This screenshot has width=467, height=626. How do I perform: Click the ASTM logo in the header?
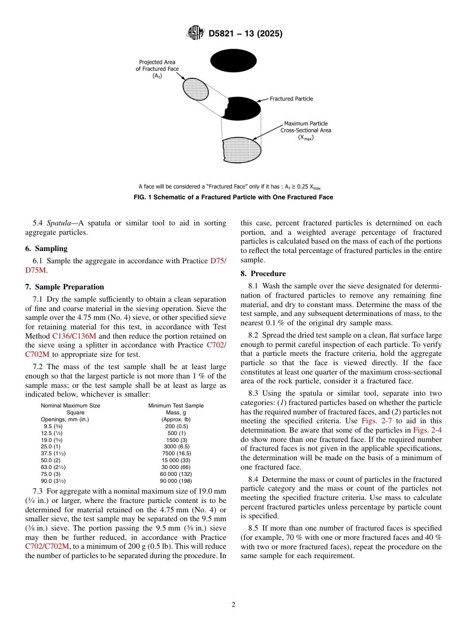[x=196, y=33]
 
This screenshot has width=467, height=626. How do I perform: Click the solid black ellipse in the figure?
[x=233, y=61]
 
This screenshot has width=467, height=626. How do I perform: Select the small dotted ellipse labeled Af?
[x=196, y=89]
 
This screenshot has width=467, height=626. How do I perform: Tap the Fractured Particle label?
[x=291, y=99]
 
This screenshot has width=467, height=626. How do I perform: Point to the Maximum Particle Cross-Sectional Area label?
[x=306, y=130]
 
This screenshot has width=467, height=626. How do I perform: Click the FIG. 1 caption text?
[x=233, y=197]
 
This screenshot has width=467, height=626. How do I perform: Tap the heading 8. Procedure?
[x=263, y=274]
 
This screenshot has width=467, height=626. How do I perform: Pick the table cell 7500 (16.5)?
[x=176, y=453]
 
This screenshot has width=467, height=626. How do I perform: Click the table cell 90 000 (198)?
[x=176, y=481]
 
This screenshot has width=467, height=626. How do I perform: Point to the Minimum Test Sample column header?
[x=176, y=406]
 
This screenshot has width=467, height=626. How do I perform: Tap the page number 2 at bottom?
[x=233, y=605]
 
